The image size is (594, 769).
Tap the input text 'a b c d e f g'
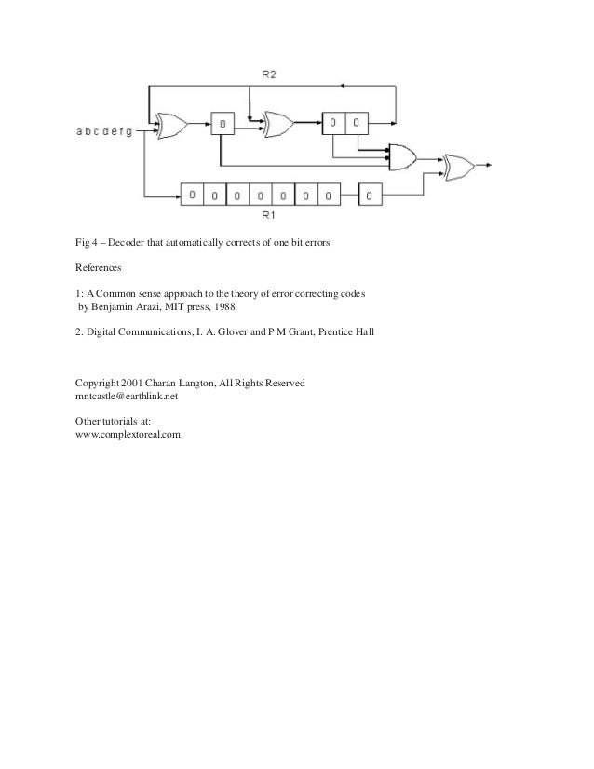(103, 131)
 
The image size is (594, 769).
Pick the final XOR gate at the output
(459, 168)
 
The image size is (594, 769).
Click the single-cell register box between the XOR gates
(223, 123)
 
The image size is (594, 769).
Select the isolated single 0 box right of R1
(369, 196)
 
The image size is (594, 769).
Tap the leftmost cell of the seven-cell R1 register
(191, 196)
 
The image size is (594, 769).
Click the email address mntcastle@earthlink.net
(126, 395)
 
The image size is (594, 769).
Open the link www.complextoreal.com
(127, 434)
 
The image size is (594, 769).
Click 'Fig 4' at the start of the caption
(86, 244)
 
